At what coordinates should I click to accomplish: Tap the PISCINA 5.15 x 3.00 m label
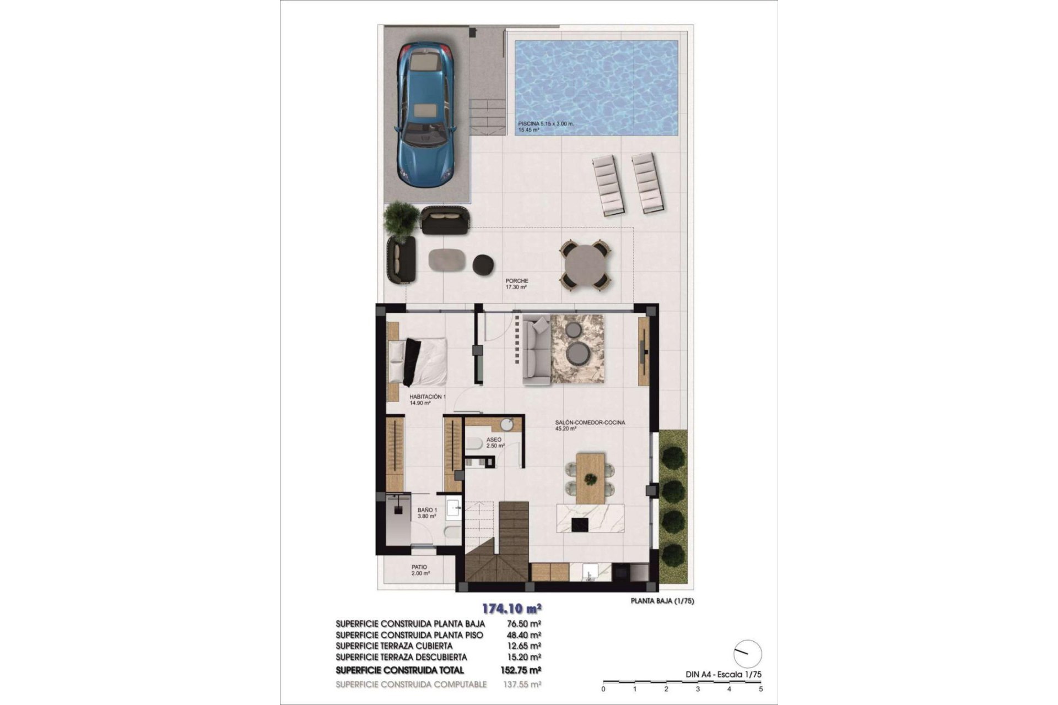click(x=546, y=124)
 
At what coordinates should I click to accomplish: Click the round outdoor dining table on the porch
click(x=585, y=265)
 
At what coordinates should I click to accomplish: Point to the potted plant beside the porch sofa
click(x=401, y=220)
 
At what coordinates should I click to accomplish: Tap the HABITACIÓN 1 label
click(x=428, y=397)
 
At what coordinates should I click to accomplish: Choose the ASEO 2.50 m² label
click(x=494, y=443)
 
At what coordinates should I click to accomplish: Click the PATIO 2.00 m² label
click(x=419, y=570)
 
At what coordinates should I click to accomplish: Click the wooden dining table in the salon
click(x=590, y=477)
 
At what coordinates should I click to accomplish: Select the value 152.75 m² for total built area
click(x=523, y=670)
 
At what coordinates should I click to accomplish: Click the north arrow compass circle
click(x=748, y=654)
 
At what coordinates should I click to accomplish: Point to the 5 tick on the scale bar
click(x=760, y=688)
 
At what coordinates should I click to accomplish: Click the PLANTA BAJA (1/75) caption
click(x=662, y=601)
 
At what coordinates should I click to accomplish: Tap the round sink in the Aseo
click(x=507, y=425)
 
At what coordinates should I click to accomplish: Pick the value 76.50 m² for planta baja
click(x=523, y=624)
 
